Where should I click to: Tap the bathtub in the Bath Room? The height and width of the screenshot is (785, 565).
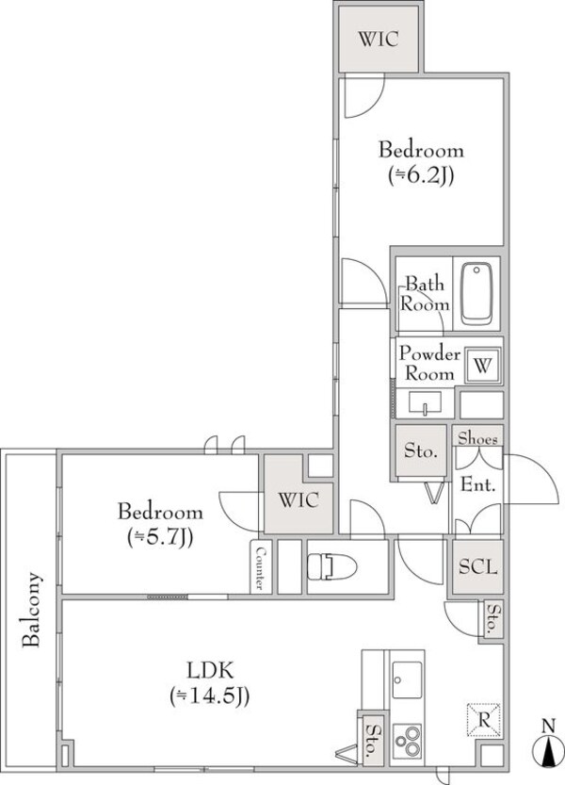click(x=476, y=293)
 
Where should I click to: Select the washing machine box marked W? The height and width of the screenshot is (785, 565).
click(x=483, y=366)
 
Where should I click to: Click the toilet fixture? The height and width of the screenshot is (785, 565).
click(x=331, y=567)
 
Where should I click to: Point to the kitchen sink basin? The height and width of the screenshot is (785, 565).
click(x=407, y=679)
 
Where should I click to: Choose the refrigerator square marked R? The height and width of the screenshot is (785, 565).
click(x=483, y=719)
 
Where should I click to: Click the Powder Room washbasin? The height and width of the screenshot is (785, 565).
click(x=425, y=403)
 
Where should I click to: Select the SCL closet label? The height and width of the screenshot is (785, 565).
click(x=478, y=566)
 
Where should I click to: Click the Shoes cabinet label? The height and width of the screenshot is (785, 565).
click(x=478, y=438)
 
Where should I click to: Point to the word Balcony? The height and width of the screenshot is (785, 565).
click(x=31, y=610)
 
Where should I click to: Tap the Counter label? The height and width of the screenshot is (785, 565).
click(x=261, y=567)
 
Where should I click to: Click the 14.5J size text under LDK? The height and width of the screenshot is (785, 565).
click(x=210, y=696)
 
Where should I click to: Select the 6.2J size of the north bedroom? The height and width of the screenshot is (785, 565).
click(x=421, y=175)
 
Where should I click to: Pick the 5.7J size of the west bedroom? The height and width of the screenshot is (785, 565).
click(x=161, y=538)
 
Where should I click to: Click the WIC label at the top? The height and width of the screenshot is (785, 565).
click(x=379, y=39)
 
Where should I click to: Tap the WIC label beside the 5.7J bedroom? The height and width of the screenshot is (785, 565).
click(x=299, y=500)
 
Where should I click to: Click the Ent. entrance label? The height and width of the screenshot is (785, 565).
click(x=478, y=484)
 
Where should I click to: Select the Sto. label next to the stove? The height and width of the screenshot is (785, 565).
click(x=371, y=741)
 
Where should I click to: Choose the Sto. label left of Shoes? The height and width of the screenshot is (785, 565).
click(x=421, y=451)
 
